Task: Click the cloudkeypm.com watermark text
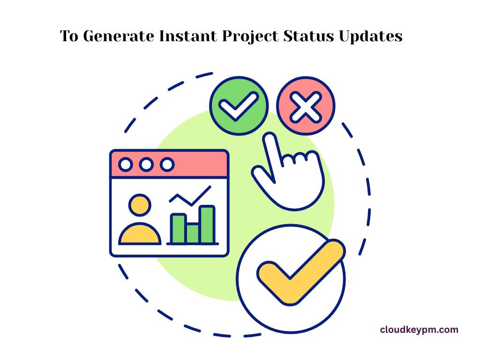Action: (419, 330)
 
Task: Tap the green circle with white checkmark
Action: (239, 106)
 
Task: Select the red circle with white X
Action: (306, 106)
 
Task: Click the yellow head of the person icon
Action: (140, 205)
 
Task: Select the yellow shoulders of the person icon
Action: (140, 235)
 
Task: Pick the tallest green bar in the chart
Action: (207, 225)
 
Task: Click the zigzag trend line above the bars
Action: (190, 197)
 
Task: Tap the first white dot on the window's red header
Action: (125, 165)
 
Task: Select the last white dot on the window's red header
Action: (167, 165)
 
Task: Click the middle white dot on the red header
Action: (146, 165)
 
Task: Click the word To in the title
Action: (69, 36)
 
